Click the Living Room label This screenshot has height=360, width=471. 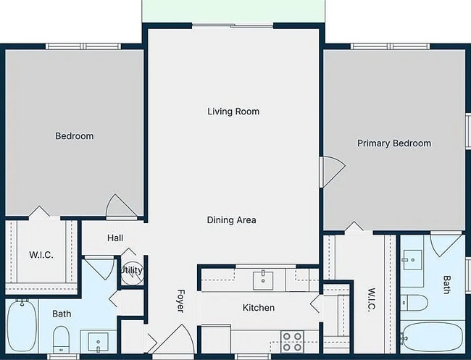tap(233, 112)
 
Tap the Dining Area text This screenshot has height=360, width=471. tap(231, 220)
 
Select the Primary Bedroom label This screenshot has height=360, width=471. tap(393, 143)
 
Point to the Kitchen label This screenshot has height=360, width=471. tap(258, 308)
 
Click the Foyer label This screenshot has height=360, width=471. tap(181, 301)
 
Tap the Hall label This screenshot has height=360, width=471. tap(115, 238)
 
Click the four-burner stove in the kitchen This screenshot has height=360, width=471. tap(291, 340)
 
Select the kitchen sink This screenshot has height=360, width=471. tap(262, 279)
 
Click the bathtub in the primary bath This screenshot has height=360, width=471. tap(431, 338)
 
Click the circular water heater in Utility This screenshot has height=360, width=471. tap(131, 270)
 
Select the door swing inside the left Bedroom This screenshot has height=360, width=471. tap(121, 206)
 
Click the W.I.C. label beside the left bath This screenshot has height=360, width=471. tap(40, 255)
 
